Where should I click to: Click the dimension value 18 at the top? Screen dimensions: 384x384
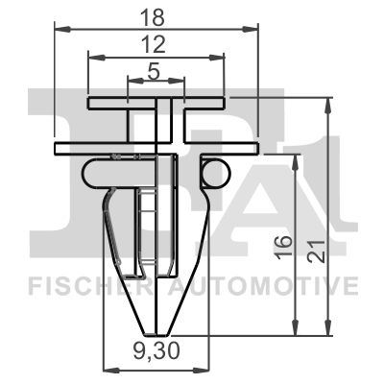pos(155,17)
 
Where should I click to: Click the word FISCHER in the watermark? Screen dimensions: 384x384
pos(80,286)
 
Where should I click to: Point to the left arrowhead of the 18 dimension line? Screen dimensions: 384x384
pos(54,29)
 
